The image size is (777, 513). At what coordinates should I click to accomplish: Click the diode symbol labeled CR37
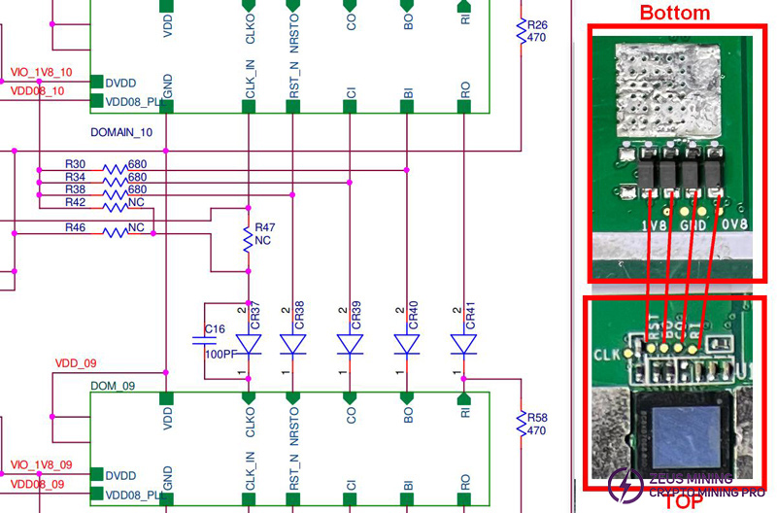pyautogui.click(x=250, y=345)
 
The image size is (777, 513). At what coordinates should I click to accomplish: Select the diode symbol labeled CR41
pyautogui.click(x=464, y=345)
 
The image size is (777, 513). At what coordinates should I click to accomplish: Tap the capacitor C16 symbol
pyautogui.click(x=204, y=340)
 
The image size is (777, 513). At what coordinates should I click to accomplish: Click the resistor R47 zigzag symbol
pyautogui.click(x=248, y=237)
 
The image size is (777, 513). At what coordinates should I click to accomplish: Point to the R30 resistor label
pyautogui.click(x=75, y=165)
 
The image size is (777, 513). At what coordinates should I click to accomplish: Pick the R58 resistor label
pyautogui.click(x=537, y=418)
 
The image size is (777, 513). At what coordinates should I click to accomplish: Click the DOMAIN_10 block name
pyautogui.click(x=120, y=131)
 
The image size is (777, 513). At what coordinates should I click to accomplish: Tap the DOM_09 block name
pyautogui.click(x=112, y=386)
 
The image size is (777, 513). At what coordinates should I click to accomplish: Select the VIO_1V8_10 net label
pyautogui.click(x=41, y=73)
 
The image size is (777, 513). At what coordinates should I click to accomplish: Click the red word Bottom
pyautogui.click(x=674, y=13)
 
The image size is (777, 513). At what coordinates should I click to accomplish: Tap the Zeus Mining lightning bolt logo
pyautogui.click(x=619, y=483)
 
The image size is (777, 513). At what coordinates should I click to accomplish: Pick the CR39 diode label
pyautogui.click(x=356, y=312)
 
